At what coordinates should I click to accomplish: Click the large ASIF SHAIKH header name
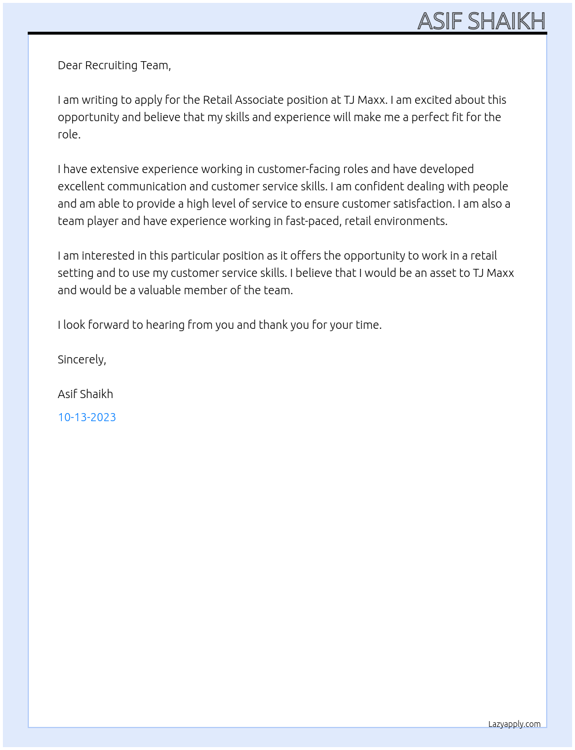pyautogui.click(x=481, y=21)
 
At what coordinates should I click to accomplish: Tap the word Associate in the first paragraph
pyautogui.click(x=259, y=100)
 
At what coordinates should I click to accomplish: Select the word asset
pyautogui.click(x=429, y=273)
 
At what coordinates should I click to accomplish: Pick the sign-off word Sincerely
pyautogui.click(x=81, y=359)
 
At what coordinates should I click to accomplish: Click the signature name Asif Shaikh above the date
pyautogui.click(x=85, y=394)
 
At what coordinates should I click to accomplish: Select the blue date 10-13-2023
pyautogui.click(x=87, y=417)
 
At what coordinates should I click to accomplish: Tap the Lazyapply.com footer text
pyautogui.click(x=514, y=724)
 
